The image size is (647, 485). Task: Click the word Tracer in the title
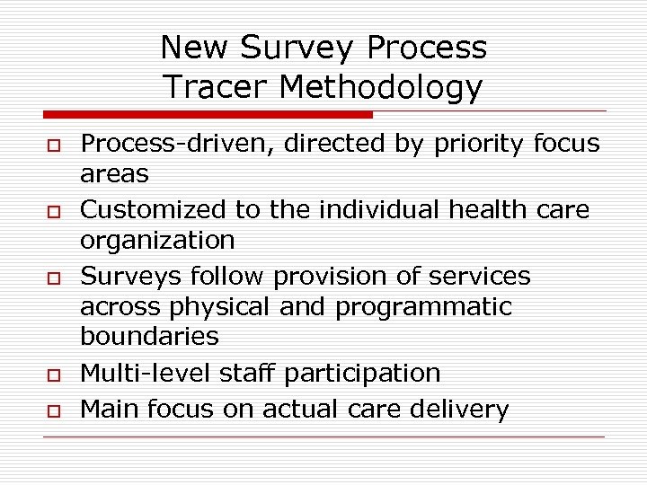tap(217, 87)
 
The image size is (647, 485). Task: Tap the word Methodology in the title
tap(381, 88)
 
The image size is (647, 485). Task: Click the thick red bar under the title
tap(208, 115)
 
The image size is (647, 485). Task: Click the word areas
tap(114, 173)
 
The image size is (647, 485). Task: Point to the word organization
tap(157, 241)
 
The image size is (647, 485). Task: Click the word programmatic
tap(423, 306)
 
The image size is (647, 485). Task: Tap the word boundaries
tap(149, 336)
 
